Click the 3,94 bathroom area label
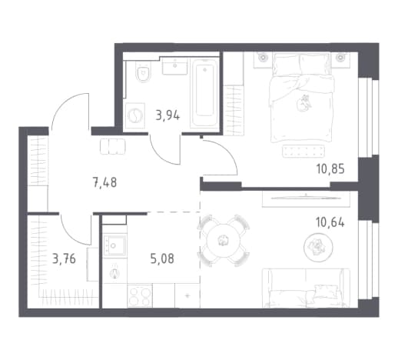pyautogui.click(x=167, y=115)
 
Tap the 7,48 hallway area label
pyautogui.click(x=104, y=182)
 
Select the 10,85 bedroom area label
pyautogui.click(x=330, y=169)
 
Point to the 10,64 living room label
pyautogui.click(x=330, y=222)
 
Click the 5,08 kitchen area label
pyautogui.click(x=162, y=258)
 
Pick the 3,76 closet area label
pyautogui.click(x=64, y=258)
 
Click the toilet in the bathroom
pyautogui.click(x=144, y=72)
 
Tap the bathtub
pyautogui.click(x=204, y=92)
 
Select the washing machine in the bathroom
pyautogui.click(x=134, y=115)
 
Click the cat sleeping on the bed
pyautogui.click(x=303, y=103)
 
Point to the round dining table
pyautogui.click(x=223, y=240)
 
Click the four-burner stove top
pyautogui.click(x=140, y=295)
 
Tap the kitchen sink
pyautogui.click(x=114, y=245)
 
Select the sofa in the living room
pyautogui.click(x=306, y=288)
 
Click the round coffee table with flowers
pyautogui.click(x=318, y=248)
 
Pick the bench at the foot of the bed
pyautogui.click(x=303, y=151)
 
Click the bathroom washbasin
pyautogui.click(x=175, y=65)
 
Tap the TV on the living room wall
pyautogui.click(x=306, y=198)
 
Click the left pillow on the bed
pyautogui.click(x=286, y=65)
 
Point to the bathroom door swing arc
pyautogui.click(x=160, y=155)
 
